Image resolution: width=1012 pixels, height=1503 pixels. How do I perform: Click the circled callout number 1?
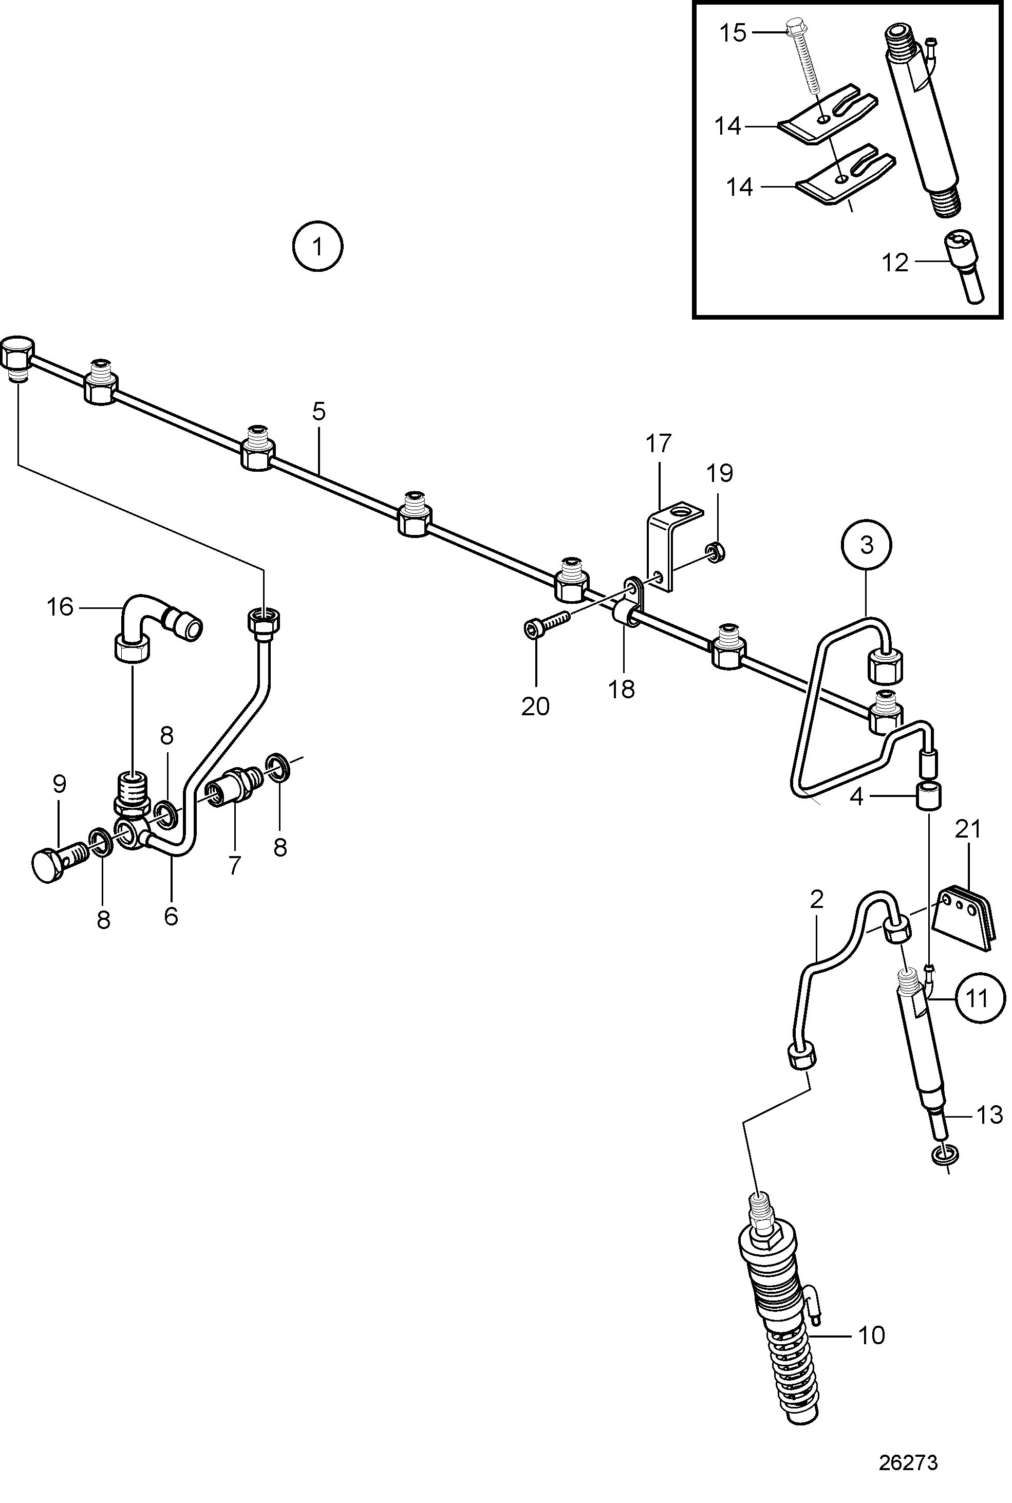(317, 246)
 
